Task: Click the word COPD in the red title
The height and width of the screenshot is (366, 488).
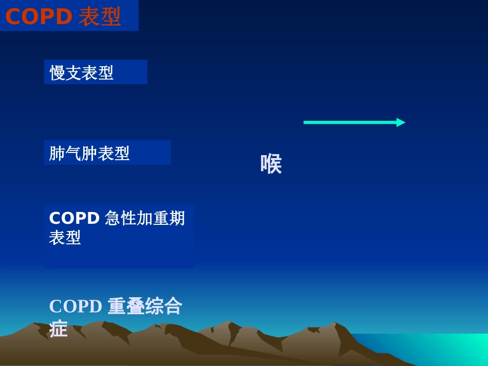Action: click(39, 17)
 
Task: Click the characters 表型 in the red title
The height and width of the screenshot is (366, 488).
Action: click(100, 17)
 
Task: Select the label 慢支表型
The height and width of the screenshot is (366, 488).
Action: click(82, 73)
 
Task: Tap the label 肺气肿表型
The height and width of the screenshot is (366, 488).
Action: click(89, 153)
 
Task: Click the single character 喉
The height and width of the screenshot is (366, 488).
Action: click(271, 164)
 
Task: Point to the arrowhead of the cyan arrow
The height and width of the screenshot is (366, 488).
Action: click(401, 122)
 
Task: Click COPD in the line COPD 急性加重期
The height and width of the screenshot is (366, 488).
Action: click(74, 219)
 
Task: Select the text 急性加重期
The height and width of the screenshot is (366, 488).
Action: click(145, 219)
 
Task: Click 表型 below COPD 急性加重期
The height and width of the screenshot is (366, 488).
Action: click(65, 238)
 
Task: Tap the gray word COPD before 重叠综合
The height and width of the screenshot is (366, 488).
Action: click(76, 306)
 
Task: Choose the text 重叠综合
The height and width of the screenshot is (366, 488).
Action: click(145, 306)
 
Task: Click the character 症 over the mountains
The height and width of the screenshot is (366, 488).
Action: click(59, 329)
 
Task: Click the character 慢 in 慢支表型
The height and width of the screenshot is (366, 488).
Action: click(58, 73)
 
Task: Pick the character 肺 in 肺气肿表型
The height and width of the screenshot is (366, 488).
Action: click(57, 153)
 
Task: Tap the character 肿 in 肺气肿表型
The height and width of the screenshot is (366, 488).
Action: click(89, 153)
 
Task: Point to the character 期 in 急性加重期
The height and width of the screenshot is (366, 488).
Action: click(177, 219)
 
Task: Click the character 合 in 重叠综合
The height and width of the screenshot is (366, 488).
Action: click(174, 306)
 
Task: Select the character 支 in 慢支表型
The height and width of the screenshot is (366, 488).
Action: click(73, 73)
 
